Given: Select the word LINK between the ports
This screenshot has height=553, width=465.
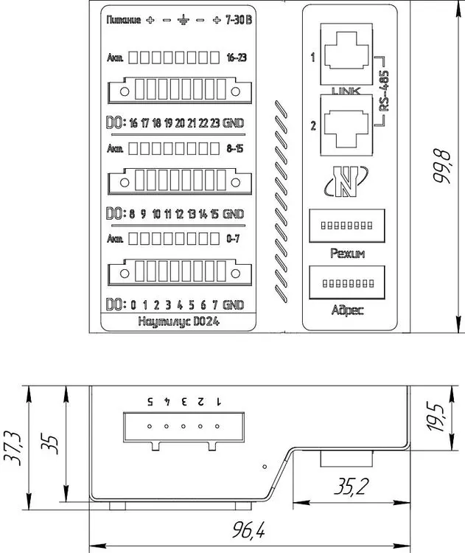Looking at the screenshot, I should [344, 92].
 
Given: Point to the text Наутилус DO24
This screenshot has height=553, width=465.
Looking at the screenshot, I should [179, 321].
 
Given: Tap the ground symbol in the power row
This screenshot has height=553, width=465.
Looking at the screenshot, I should [182, 21].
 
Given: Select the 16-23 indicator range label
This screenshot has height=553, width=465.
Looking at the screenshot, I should [236, 57].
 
